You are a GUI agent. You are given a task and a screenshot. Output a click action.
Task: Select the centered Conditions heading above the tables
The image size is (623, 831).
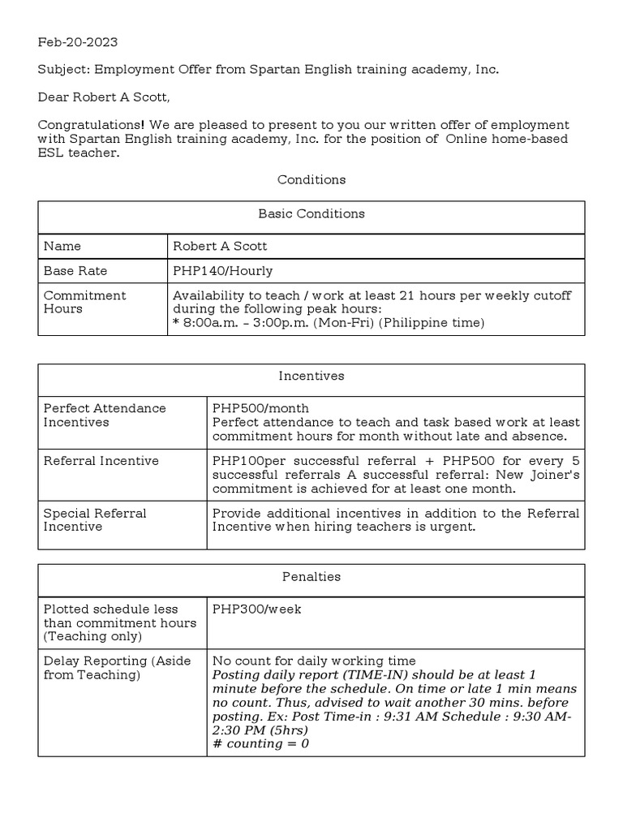[x=311, y=179]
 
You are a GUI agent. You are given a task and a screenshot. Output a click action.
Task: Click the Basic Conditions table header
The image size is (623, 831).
[x=311, y=214]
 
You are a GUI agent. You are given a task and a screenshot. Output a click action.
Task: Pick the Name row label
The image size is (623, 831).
[x=62, y=246]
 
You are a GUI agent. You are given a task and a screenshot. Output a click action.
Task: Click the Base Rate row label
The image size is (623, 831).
[x=75, y=271]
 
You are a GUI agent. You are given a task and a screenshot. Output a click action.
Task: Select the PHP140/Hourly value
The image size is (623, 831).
[x=222, y=271]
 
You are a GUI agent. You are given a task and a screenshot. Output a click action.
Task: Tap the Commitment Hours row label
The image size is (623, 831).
[x=84, y=302]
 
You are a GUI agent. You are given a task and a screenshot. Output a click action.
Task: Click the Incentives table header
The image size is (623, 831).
[x=311, y=377]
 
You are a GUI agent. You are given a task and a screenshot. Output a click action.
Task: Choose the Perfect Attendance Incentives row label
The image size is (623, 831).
[x=104, y=415]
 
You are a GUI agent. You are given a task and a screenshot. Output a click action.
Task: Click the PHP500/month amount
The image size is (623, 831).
[x=260, y=408]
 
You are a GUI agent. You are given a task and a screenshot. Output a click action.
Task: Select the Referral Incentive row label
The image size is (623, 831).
[x=101, y=461]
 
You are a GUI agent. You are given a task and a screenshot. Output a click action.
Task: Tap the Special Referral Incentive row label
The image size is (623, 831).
[x=95, y=519]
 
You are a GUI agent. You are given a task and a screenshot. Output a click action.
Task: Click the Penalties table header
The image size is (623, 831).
[x=311, y=577]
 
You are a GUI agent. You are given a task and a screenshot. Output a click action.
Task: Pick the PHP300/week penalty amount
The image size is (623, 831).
[x=256, y=609]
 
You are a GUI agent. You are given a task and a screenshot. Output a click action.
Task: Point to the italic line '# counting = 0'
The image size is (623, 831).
[x=260, y=743]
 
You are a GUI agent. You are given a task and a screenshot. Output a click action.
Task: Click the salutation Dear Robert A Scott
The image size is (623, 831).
[x=105, y=98]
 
